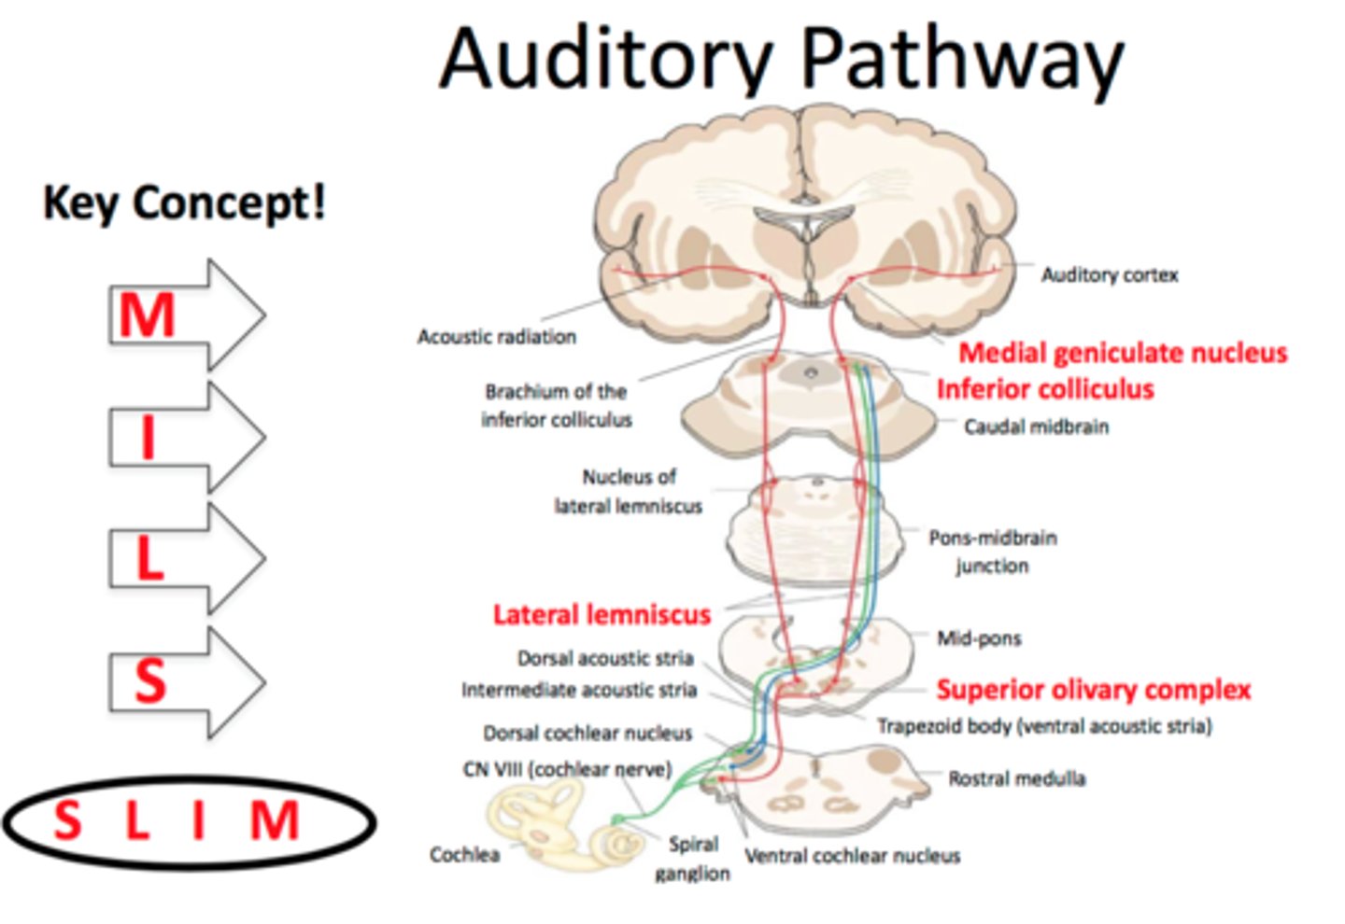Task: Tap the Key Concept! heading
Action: pos(185,203)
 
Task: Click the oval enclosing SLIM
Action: pos(190,822)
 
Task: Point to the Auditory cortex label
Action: pos(1110,275)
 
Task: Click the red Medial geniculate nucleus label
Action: pos(1123,353)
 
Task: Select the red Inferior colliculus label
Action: pos(1045,389)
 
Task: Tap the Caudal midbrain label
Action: pos(1036,427)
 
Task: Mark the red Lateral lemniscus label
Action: pos(602,615)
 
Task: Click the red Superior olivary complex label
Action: pos(1093,690)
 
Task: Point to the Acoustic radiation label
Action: pos(496,337)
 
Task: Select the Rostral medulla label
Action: pos(1016,778)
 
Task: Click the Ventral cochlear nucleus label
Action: pos(852,856)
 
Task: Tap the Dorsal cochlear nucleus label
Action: pos(588,734)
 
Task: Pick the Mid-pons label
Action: pos(979,638)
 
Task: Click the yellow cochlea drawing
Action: pos(560,826)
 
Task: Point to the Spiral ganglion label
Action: pos(693,859)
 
